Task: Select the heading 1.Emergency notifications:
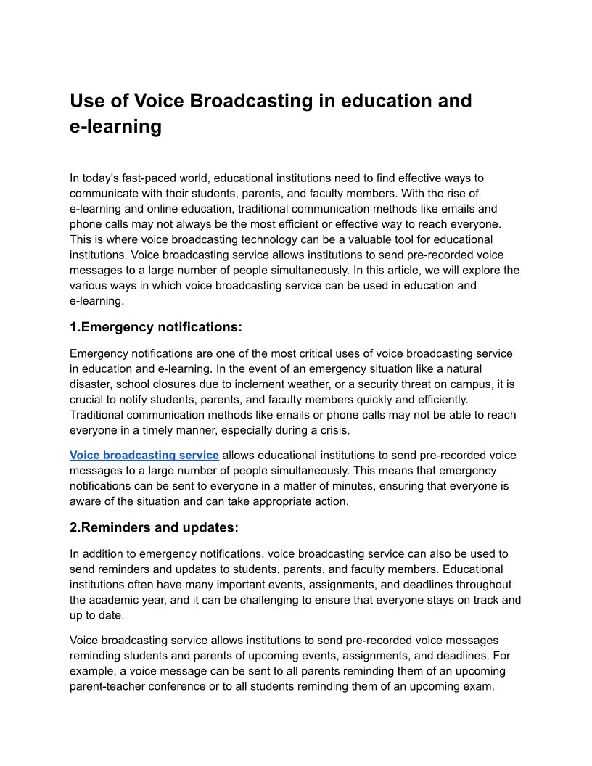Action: point(156,327)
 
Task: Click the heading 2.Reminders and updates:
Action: point(154,527)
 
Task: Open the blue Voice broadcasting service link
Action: point(144,455)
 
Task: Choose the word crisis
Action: point(332,430)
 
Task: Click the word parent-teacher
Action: point(107,686)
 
